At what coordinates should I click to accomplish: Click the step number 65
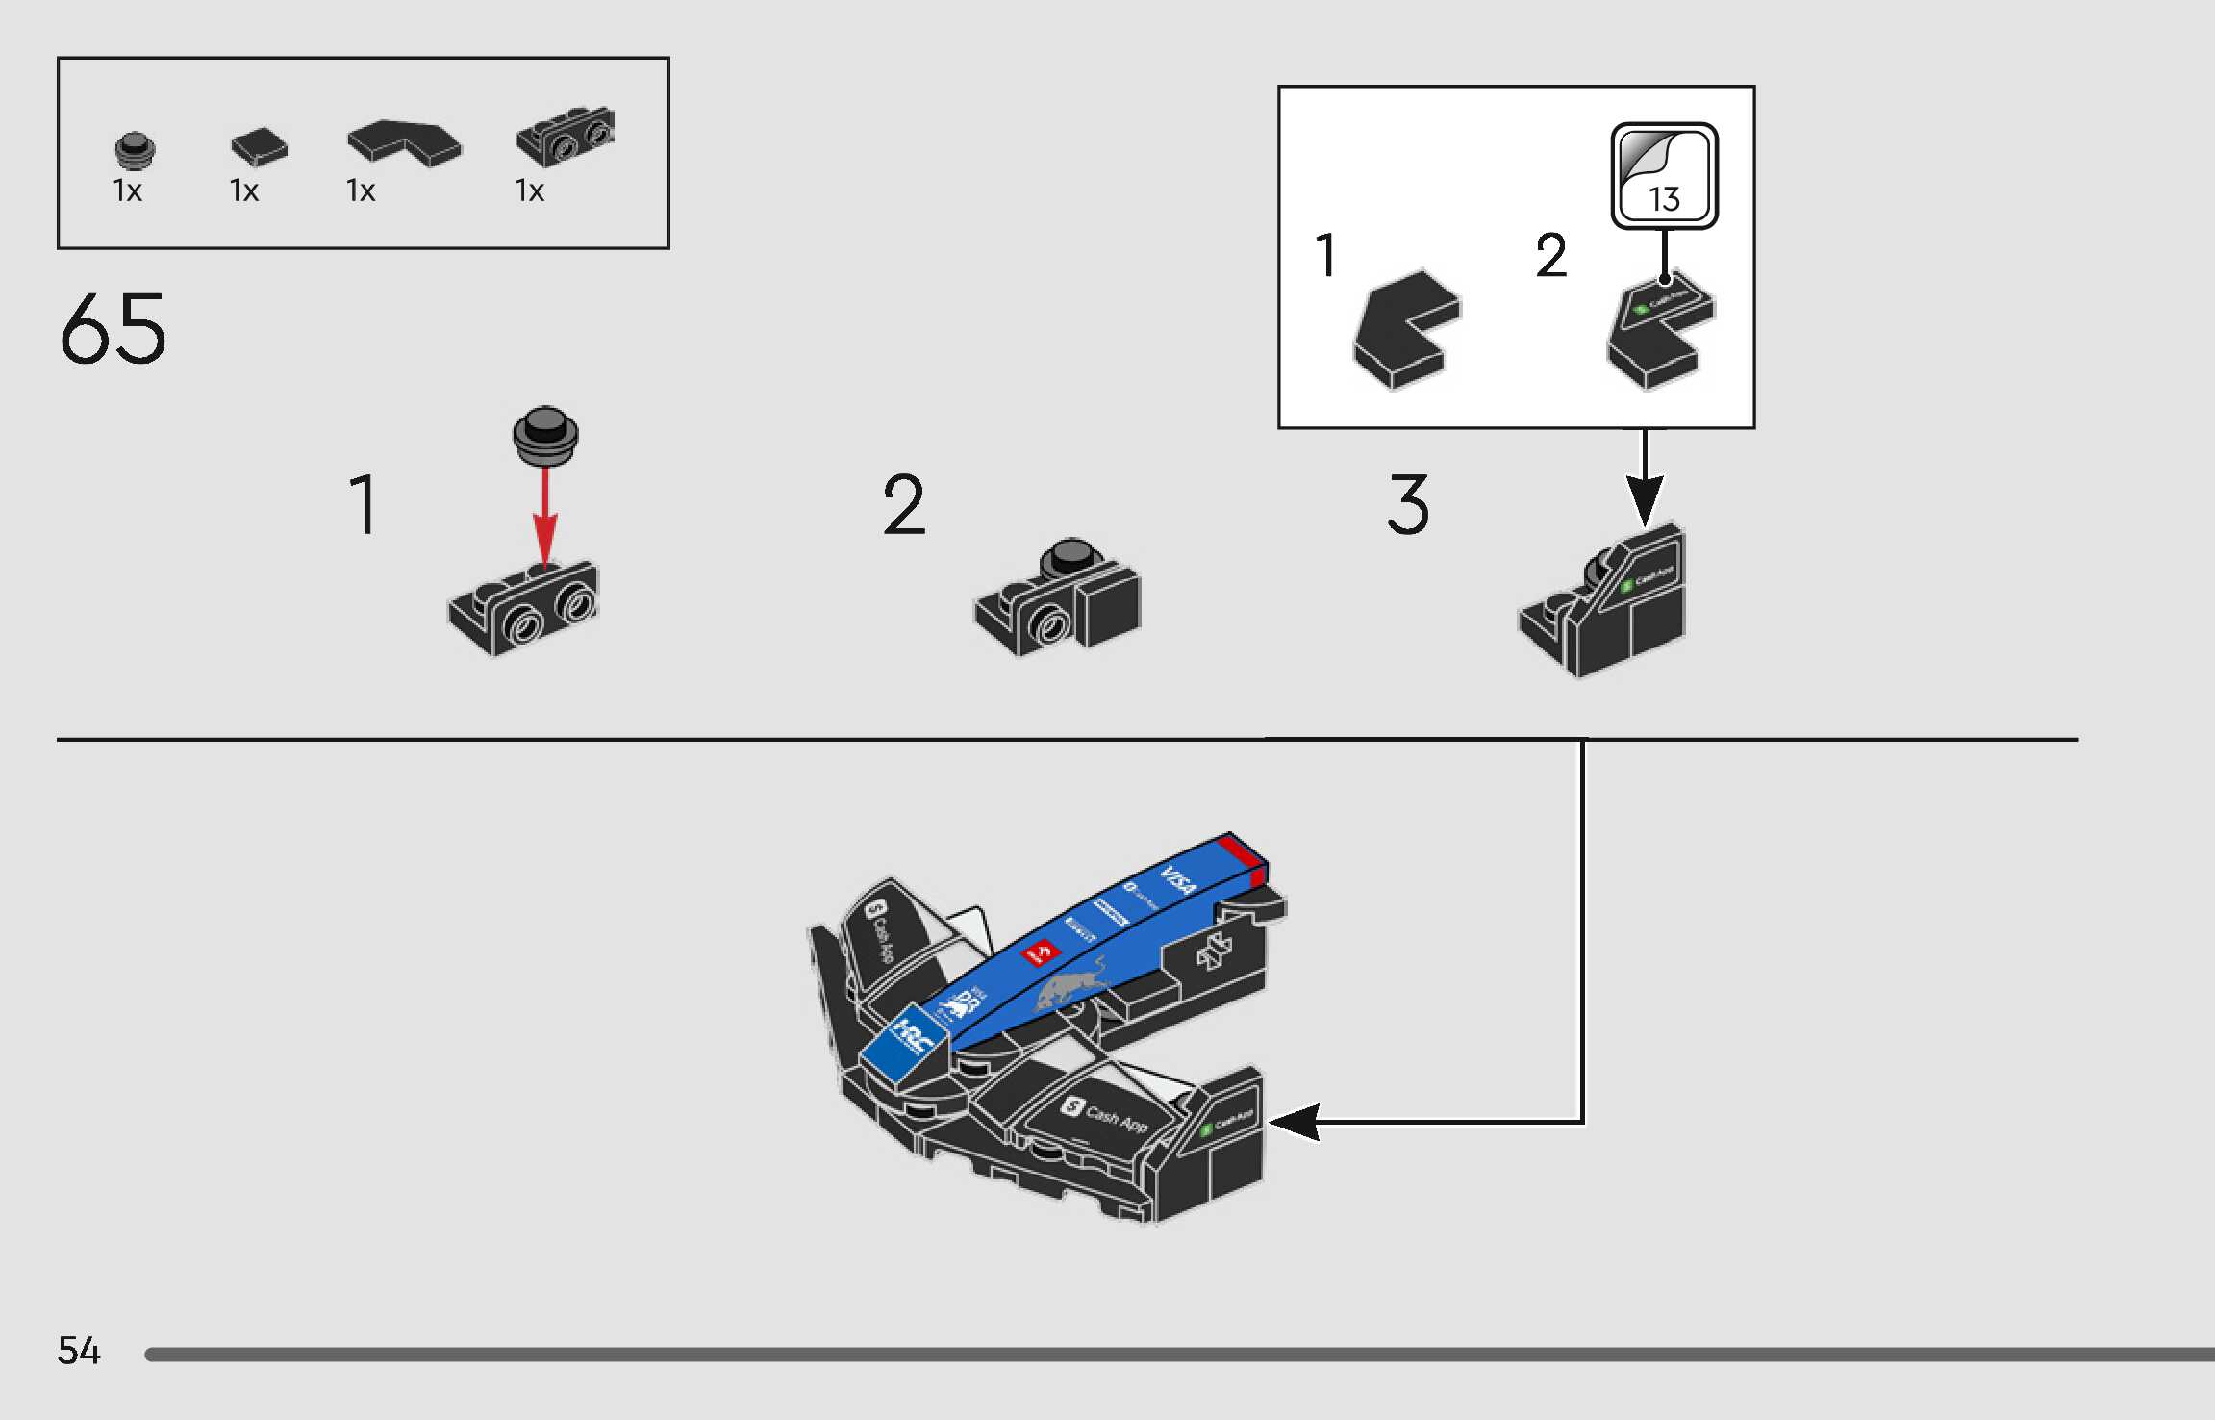(113, 329)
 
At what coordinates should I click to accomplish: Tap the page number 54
(79, 1351)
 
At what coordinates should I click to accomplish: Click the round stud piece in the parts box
(135, 150)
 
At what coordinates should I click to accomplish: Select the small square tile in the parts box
(259, 146)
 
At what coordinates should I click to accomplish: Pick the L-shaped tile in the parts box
(404, 142)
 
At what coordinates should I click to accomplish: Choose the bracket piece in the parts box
(565, 136)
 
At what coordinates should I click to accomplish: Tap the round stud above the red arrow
(545, 434)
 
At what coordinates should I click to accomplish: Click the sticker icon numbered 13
(1664, 176)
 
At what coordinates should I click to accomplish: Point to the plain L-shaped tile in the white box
(1406, 329)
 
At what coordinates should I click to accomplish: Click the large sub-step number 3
(1408, 504)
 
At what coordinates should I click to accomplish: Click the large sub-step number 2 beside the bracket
(904, 504)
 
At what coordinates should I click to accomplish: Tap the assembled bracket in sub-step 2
(1058, 596)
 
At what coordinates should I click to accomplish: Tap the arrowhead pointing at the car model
(1294, 1122)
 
